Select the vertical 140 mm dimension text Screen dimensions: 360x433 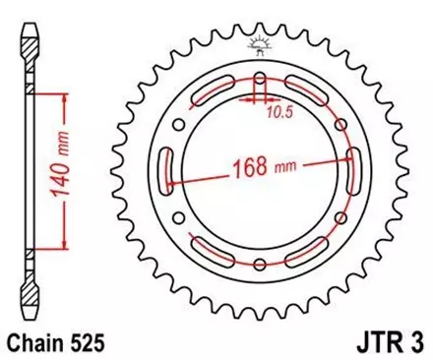[x=62, y=170]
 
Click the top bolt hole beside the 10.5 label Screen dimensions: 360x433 [x=260, y=79]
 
